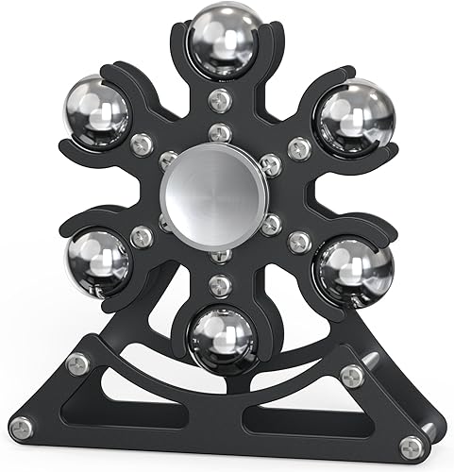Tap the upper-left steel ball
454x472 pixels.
[x=98, y=110]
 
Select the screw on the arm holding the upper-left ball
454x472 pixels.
[x=142, y=144]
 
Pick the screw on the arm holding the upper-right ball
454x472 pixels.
[x=299, y=146]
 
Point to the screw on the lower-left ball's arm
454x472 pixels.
[x=142, y=236]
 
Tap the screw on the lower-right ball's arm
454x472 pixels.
[x=300, y=240]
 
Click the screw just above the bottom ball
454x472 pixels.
[x=222, y=283]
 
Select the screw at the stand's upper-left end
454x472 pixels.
[x=79, y=363]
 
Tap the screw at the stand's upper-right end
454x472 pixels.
[x=352, y=375]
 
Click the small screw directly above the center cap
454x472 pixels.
[x=220, y=133]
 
